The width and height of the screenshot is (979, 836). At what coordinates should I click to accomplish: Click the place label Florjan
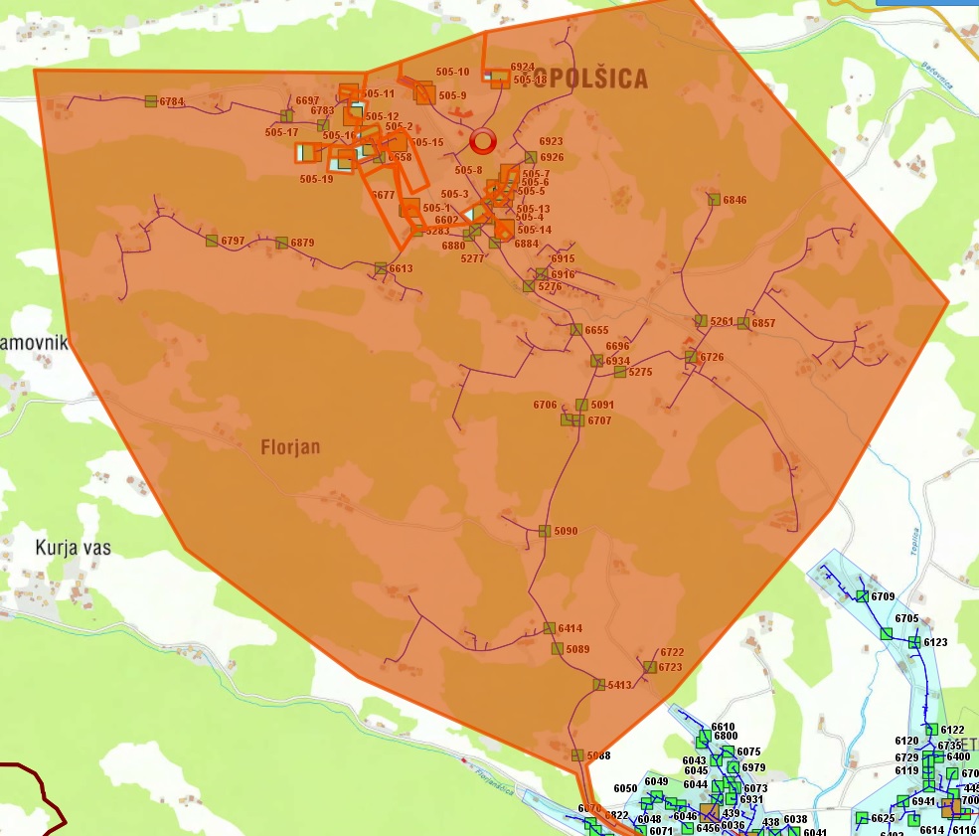pos(290,447)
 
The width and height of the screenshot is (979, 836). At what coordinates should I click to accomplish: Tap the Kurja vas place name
pos(73,548)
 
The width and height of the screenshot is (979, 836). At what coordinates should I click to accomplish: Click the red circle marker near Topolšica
pos(483,141)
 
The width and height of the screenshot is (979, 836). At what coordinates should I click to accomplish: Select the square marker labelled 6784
pos(151,101)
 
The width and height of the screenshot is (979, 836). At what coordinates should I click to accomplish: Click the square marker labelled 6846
pos(714,200)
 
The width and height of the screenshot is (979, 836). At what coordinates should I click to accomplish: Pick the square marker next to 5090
pos(545,531)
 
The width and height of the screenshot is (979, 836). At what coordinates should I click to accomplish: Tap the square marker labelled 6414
pos(549,628)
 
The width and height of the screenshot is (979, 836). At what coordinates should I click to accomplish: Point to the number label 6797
pos(234,242)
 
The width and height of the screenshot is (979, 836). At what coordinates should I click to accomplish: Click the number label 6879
pos(303,244)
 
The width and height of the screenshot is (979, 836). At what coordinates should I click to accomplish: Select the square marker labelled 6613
pos(381,268)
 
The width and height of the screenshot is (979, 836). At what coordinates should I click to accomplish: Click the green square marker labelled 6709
pos(862,596)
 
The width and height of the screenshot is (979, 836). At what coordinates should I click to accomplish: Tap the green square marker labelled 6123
pos(914,642)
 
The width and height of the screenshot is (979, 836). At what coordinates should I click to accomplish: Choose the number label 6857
pos(763,324)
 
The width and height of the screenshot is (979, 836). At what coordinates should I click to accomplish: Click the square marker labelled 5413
pos(599,685)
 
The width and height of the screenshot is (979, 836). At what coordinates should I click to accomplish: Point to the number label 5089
pos(578,650)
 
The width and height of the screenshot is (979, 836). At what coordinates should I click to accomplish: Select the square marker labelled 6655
pos(576,330)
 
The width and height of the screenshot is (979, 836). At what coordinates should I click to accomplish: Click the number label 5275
pos(640,373)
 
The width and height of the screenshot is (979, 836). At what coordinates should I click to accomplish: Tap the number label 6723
pos(670,668)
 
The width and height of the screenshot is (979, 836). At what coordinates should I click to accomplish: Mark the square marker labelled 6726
pos(691,357)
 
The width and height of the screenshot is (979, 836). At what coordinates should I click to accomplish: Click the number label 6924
pos(523,68)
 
